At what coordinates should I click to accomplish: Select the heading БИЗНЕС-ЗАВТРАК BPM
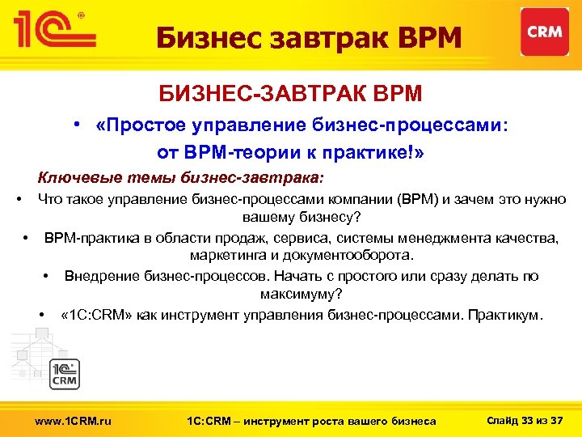click(290, 94)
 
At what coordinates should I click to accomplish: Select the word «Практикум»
click(503, 314)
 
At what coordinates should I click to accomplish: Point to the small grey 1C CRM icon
click(64, 375)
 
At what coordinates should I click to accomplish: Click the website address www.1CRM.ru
click(74, 421)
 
